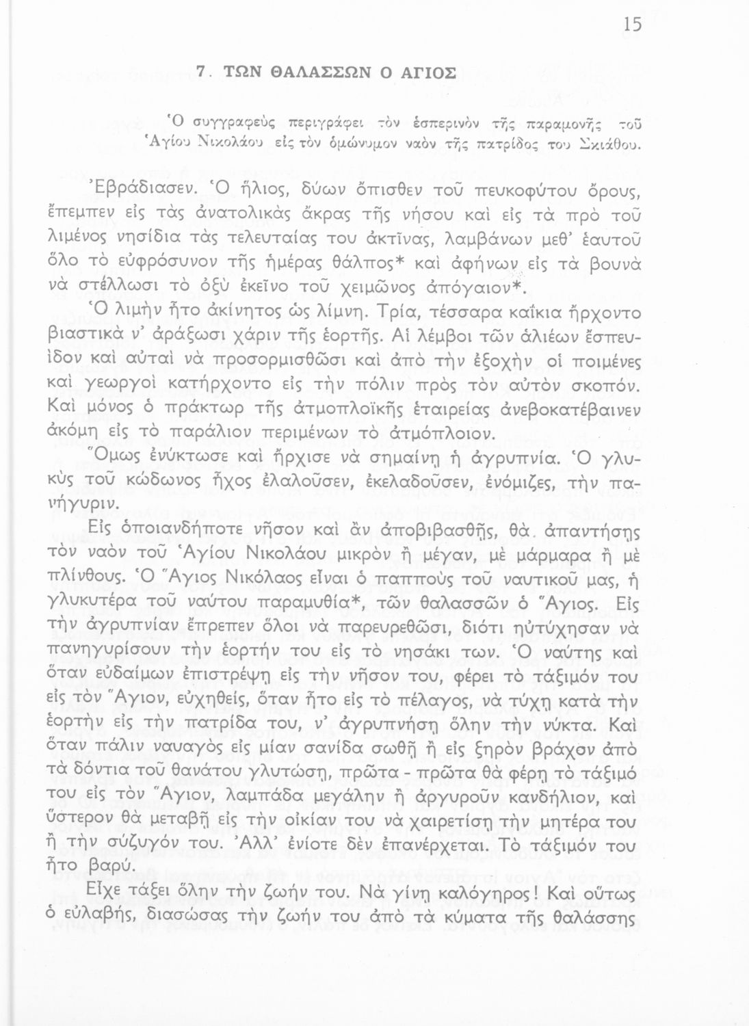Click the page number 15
(633, 25)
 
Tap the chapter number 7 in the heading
(200, 72)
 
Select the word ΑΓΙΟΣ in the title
(425, 72)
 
